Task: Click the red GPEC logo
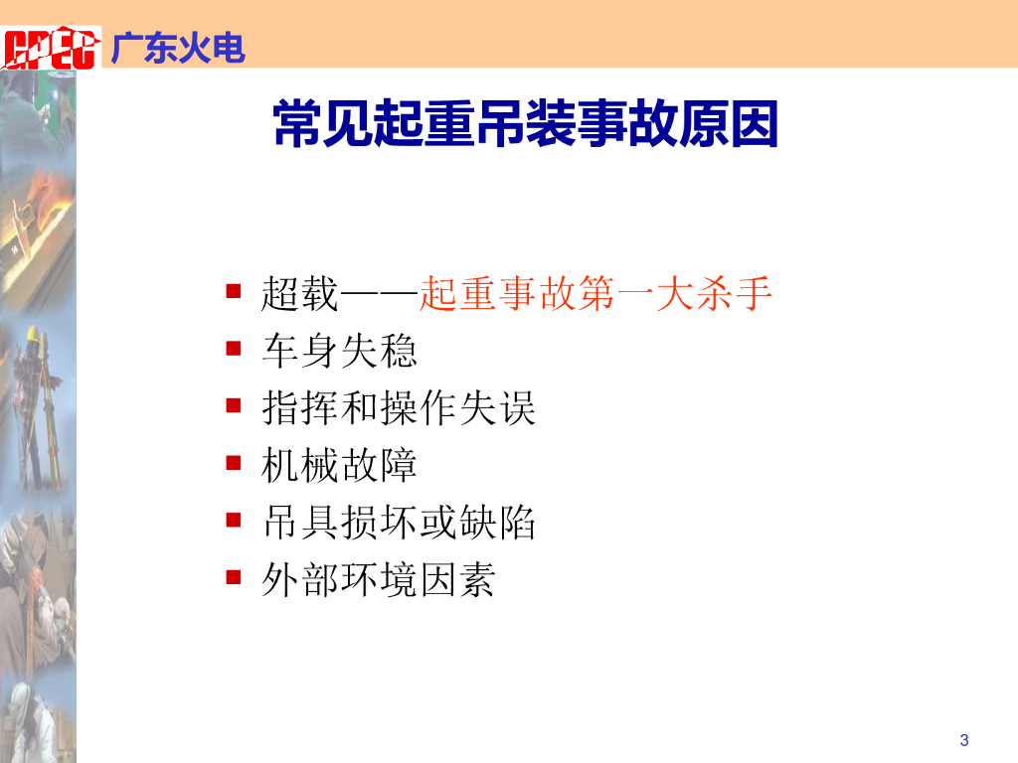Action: (51, 48)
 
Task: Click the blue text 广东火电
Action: (178, 48)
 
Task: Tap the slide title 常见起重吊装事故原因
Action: (526, 123)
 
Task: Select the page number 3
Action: (964, 740)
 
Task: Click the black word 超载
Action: (300, 293)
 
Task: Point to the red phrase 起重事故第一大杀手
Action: (595, 293)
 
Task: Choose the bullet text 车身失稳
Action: (340, 351)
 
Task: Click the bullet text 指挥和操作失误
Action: (399, 407)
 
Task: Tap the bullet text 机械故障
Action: (339, 465)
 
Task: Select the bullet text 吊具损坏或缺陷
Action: (399, 522)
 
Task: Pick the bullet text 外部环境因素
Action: (379, 579)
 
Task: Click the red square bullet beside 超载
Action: (233, 291)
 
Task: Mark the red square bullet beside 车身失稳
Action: (233, 349)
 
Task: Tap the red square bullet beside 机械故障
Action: (233, 463)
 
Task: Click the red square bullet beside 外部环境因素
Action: (233, 577)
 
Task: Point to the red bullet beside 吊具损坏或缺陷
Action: (233, 520)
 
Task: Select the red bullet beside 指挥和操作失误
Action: (233, 405)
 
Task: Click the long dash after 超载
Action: (379, 295)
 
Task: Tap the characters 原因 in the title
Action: (729, 123)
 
